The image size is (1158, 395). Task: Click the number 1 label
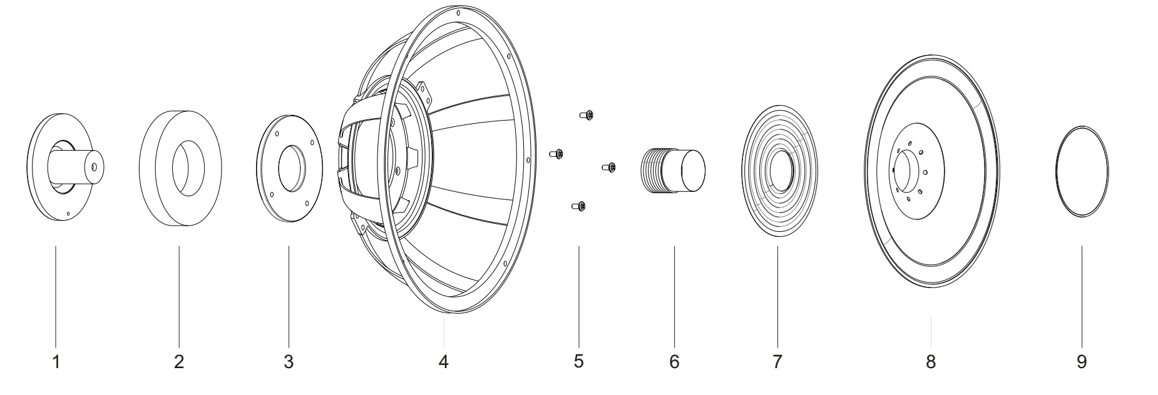[x=56, y=361]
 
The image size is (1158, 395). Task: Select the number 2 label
[x=179, y=361]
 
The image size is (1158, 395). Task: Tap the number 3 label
[x=289, y=361]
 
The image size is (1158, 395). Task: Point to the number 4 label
[x=443, y=361]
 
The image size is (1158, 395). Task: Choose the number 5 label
[x=578, y=361]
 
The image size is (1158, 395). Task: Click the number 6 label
[x=674, y=361]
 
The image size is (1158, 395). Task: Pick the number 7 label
[x=777, y=361]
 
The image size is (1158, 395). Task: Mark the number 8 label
[x=931, y=361]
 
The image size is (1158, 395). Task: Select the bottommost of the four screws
[x=578, y=206]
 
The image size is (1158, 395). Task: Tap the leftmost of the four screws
[x=556, y=153]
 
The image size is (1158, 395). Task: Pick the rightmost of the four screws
[x=608, y=167]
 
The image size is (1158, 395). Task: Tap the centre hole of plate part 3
[x=292, y=168]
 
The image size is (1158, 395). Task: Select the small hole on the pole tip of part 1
[x=93, y=167]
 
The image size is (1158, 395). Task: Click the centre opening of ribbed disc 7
[x=782, y=171]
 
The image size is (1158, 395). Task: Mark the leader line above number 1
[x=56, y=294]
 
